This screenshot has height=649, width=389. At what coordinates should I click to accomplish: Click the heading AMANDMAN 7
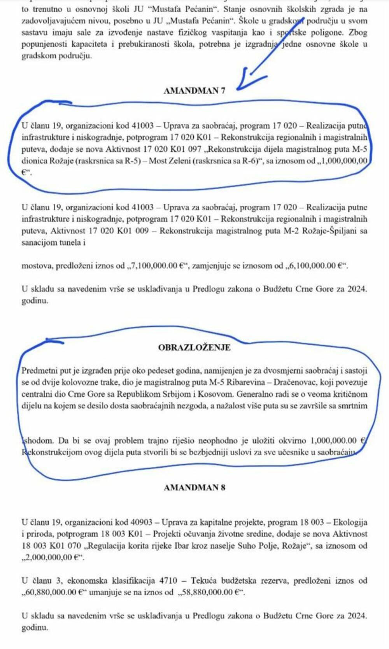tap(194, 91)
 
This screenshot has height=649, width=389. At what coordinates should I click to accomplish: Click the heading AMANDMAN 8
tap(194, 488)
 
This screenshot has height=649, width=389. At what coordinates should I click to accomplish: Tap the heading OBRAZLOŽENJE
tap(194, 347)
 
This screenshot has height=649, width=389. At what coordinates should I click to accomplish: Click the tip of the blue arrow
tap(238, 89)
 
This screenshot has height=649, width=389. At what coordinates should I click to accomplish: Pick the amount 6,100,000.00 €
tap(317, 266)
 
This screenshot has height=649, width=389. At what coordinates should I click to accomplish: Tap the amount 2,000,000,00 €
tap(53, 558)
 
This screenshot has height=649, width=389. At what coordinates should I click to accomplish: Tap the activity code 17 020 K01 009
tap(119, 231)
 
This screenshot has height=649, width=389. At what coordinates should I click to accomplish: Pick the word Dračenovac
tap(294, 382)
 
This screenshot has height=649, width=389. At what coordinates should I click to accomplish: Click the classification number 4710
tap(168, 581)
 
